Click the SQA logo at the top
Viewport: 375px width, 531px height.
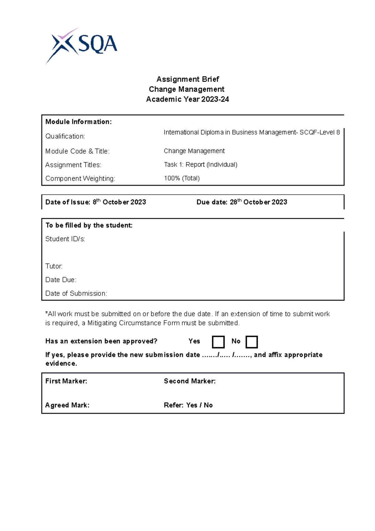(x=82, y=45)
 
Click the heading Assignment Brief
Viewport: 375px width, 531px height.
(x=187, y=79)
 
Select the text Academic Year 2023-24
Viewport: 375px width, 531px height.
(x=187, y=99)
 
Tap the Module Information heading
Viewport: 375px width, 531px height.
(x=78, y=122)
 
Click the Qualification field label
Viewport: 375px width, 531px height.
(x=65, y=136)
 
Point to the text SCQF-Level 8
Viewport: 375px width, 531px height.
(x=319, y=132)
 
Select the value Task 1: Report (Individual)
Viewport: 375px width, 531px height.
(x=201, y=164)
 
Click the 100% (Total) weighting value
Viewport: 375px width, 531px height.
(x=182, y=178)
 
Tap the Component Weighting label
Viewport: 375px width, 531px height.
(x=80, y=179)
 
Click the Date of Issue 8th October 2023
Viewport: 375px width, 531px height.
(x=96, y=202)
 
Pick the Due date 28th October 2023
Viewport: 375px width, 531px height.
(x=242, y=202)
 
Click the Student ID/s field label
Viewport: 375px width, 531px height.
(x=65, y=239)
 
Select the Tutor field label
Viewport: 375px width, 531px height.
(x=54, y=266)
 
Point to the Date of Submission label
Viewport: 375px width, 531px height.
(x=76, y=293)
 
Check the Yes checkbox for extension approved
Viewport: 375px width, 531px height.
(x=218, y=342)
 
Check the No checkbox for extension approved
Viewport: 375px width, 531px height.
(x=252, y=342)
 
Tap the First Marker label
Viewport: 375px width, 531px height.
(x=66, y=381)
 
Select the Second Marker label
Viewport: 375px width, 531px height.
(x=190, y=381)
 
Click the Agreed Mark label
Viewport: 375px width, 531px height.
(x=67, y=405)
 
